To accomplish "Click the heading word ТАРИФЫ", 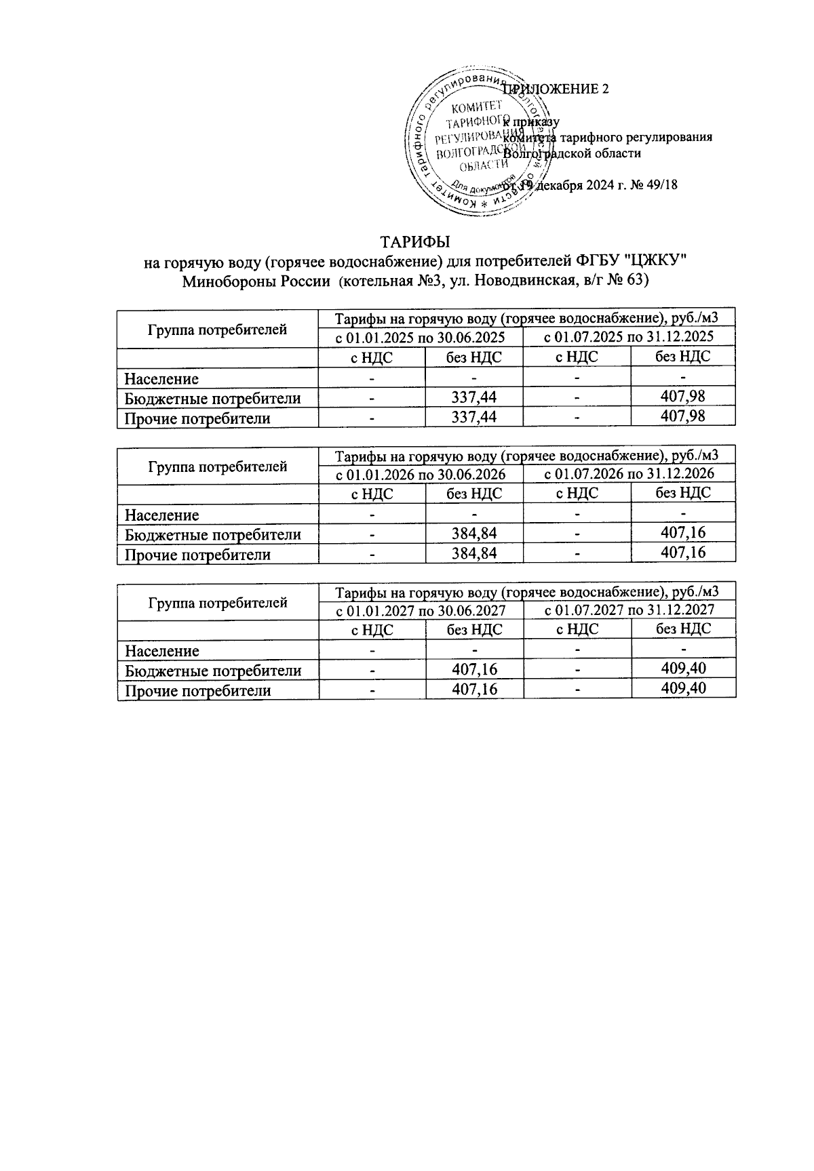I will coord(415,242).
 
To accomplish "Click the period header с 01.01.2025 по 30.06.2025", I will coord(421,336).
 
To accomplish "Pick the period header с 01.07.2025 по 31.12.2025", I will coord(629,336).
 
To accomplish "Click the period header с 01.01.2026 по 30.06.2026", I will coord(421,473).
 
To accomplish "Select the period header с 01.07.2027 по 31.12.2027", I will coord(629,610).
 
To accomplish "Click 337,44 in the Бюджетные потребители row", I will coord(474,398).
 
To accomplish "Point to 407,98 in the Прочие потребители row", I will coord(682,416).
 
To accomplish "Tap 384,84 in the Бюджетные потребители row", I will coord(474,534).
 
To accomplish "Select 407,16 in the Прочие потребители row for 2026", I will coord(682,553).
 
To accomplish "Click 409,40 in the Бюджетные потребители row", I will coord(682,669).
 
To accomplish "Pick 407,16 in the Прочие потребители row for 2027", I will coord(474,690).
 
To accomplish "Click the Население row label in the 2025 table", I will coord(161,379).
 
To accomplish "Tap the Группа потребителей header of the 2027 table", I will coord(217,602).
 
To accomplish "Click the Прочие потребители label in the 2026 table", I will coord(197,555).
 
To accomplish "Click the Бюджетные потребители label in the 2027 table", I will coord(213,671).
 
